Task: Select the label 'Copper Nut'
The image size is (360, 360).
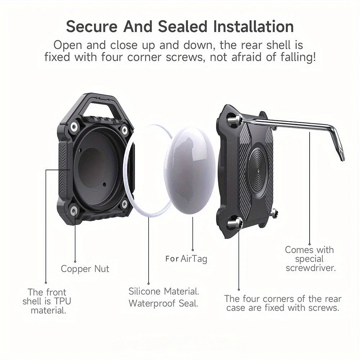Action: pos(85,269)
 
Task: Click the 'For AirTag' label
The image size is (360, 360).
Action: pos(186,258)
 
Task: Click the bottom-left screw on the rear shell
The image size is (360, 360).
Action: pos(235,224)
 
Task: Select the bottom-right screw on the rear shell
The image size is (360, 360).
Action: pos(274,213)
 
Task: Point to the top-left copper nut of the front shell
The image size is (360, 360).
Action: pos(75,126)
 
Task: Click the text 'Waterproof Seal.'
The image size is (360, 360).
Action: pos(163,303)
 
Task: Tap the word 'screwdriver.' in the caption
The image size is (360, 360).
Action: pos(311,268)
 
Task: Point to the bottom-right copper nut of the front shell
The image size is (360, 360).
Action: pos(125,204)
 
